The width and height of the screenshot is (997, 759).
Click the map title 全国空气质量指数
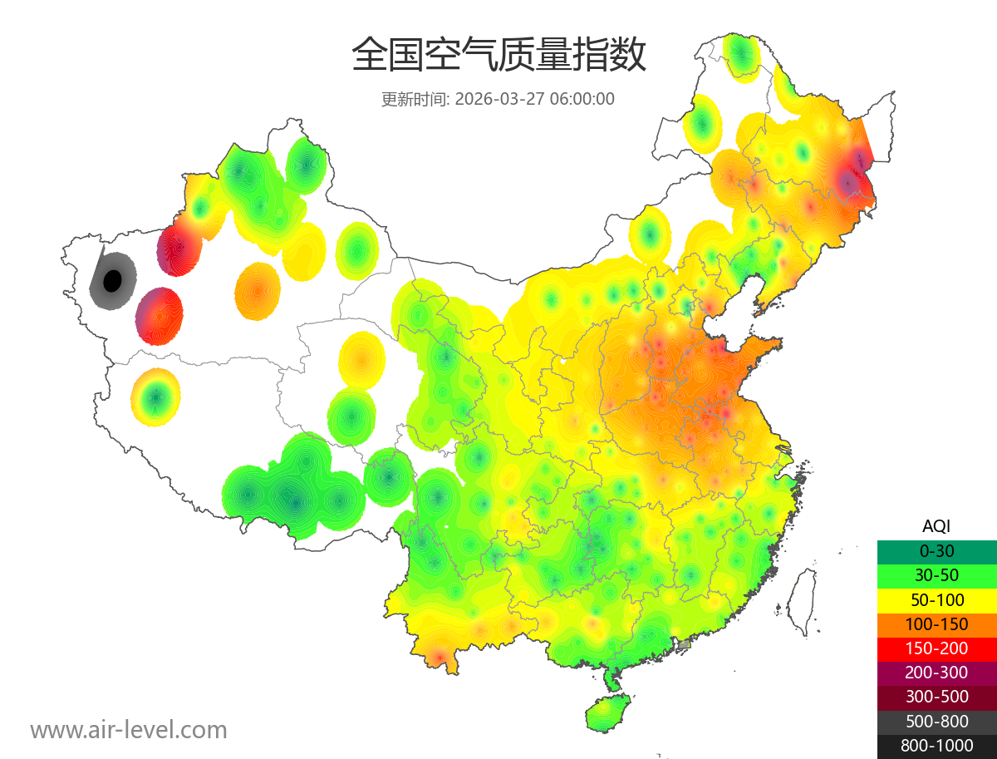498,56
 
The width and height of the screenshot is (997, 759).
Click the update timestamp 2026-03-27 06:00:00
535,99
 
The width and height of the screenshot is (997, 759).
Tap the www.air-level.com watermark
129,730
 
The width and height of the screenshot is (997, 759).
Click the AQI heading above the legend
936,526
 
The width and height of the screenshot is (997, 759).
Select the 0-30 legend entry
936,551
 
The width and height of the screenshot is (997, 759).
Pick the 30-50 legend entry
936,575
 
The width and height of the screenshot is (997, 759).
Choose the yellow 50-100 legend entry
936,599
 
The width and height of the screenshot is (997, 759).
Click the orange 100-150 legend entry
936,623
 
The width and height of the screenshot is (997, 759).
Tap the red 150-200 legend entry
936,648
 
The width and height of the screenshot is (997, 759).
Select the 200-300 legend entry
936,673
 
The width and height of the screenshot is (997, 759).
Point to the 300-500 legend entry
936,697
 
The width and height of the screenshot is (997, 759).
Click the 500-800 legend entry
936,722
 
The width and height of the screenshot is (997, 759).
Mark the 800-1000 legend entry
936,746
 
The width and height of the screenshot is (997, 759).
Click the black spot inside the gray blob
111,281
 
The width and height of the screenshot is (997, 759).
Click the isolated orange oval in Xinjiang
258,291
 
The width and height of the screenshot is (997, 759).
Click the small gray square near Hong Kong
684,644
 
